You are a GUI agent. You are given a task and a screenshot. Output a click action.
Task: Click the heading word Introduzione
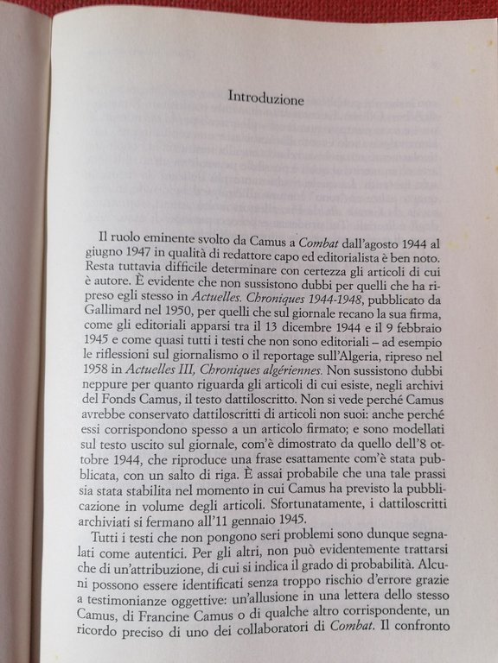(265, 98)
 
